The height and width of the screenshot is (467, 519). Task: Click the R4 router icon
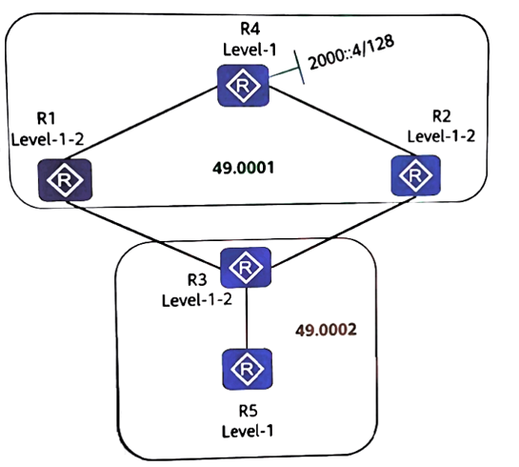(243, 86)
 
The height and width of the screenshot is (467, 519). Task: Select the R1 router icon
(65, 180)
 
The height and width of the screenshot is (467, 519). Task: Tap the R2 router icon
(416, 175)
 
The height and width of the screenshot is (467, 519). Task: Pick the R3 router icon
(246, 267)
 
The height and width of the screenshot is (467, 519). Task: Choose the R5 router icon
(248, 369)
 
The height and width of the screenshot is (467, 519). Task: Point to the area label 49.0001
(243, 168)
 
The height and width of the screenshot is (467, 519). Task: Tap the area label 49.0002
(326, 330)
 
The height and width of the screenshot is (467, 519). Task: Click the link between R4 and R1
(141, 123)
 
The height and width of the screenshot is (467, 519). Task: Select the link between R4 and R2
(342, 120)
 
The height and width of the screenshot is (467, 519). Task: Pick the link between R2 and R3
(343, 232)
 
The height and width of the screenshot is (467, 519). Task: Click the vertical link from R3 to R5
(247, 318)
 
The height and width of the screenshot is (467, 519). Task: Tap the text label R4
(250, 30)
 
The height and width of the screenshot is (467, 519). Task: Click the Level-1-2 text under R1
(48, 140)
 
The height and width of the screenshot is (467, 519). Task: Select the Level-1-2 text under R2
(441, 136)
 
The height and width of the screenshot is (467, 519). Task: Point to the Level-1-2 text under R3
(197, 300)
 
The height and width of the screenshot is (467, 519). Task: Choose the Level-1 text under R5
(248, 431)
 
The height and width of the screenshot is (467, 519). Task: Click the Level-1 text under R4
(250, 50)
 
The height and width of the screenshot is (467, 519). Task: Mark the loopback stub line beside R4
(287, 71)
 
